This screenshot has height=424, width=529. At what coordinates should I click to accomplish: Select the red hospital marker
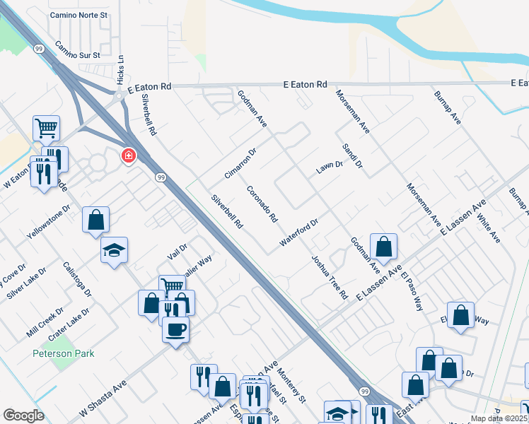[x=129, y=155]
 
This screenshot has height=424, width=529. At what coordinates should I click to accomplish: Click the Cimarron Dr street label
[x=240, y=163]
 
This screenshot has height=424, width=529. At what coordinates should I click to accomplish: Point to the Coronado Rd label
[x=262, y=204]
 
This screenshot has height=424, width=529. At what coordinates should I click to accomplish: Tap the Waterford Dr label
[x=300, y=232]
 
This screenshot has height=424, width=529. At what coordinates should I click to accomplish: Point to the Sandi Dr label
[x=351, y=155]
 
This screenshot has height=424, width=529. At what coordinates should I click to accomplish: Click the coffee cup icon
[x=175, y=329]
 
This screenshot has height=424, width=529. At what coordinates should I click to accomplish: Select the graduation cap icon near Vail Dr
[x=114, y=250]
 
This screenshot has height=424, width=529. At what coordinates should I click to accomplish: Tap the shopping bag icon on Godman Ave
[x=383, y=247]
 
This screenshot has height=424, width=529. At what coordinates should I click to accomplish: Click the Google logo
[x=23, y=416]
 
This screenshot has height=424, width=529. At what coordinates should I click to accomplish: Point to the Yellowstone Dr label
[x=49, y=221]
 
